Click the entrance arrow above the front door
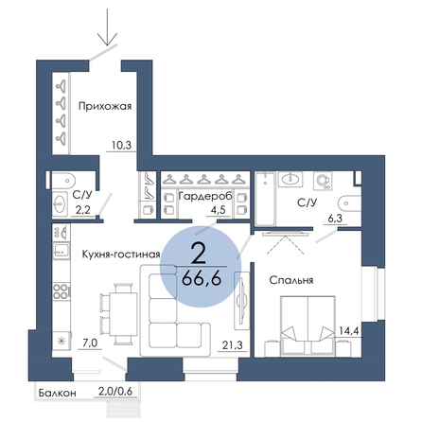[107, 26]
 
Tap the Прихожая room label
[105, 107]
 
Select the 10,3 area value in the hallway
[121, 146]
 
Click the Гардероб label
[205, 196]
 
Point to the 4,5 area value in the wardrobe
[218, 210]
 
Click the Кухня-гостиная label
[121, 255]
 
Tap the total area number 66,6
[201, 278]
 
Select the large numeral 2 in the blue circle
[199, 255]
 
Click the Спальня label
[291, 280]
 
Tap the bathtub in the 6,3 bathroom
[265, 199]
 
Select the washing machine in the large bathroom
[323, 181]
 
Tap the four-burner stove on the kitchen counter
[61, 291]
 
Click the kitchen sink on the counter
[61, 251]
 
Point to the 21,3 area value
[233, 345]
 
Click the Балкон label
[58, 393]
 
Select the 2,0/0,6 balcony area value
[115, 392]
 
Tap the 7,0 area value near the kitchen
[90, 343]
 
